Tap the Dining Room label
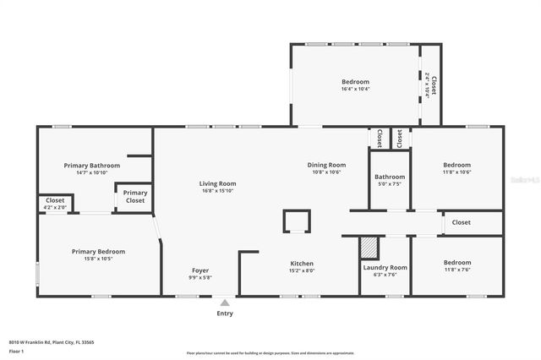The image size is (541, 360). tap(326, 165)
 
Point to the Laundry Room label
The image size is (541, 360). tap(385, 267)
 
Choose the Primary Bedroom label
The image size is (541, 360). tap(98, 251)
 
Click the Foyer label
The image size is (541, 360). tap(200, 270)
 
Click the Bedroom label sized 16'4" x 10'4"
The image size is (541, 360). tap(355, 82)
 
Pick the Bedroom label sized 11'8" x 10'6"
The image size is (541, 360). tap(456, 165)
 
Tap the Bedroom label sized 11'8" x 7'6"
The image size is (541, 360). tap(456, 262)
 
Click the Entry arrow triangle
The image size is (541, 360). tap(224, 301)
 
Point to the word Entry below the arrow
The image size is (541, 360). tap(224, 313)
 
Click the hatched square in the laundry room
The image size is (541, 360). tap(369, 248)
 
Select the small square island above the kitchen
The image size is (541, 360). tap(296, 221)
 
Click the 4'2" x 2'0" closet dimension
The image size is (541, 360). tap(54, 207)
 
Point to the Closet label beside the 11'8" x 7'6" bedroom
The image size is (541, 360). tap(461, 222)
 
